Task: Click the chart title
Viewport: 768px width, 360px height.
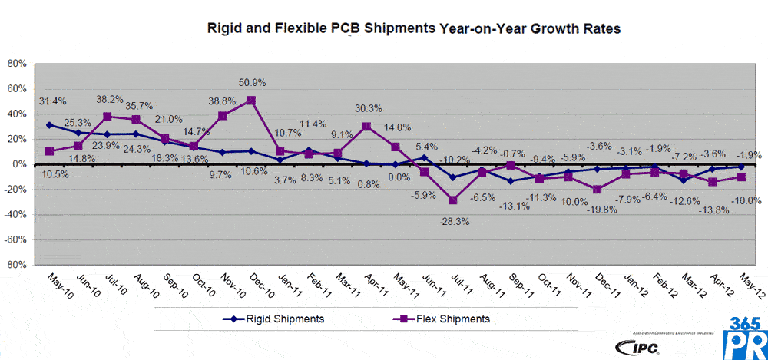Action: click(x=414, y=29)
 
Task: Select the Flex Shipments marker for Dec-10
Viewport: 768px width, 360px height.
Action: click(x=251, y=100)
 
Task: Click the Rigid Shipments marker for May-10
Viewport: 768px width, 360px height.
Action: click(x=50, y=124)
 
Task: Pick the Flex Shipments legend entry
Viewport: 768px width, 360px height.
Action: click(x=442, y=318)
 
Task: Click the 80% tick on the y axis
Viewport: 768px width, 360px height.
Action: click(x=17, y=64)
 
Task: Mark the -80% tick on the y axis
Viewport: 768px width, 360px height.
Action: click(x=15, y=265)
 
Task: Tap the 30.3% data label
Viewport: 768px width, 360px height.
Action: click(x=369, y=108)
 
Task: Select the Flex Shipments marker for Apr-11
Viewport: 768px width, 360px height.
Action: click(x=367, y=126)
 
